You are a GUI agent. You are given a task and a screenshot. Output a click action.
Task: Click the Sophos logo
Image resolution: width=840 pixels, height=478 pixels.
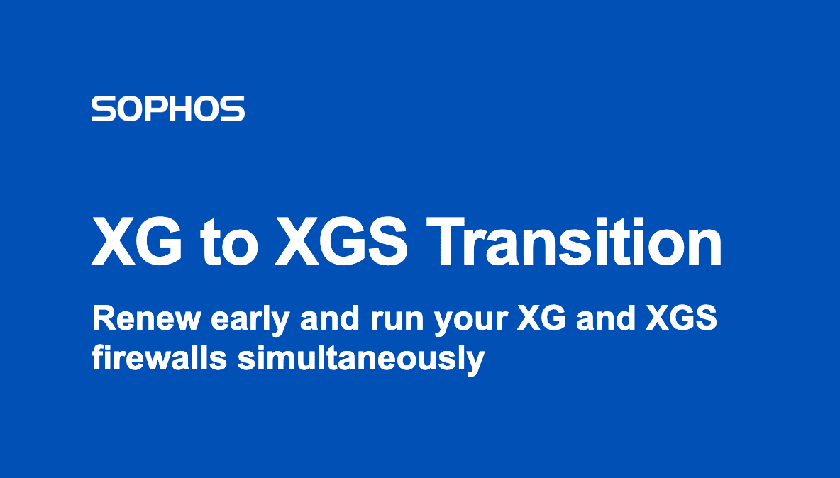(167, 109)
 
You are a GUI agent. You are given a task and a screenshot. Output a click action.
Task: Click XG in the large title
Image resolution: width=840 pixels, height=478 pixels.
(137, 242)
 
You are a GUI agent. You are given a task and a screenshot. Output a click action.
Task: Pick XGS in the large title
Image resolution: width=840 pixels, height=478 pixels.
(341, 242)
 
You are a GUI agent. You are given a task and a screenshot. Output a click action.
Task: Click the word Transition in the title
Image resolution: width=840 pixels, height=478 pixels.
(574, 242)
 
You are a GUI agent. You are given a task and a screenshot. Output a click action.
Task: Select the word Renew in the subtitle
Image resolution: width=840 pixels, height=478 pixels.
(146, 318)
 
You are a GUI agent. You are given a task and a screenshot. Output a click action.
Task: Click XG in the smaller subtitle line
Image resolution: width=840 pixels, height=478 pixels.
(541, 318)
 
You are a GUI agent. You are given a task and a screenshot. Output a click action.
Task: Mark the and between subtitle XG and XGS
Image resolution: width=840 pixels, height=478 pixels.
(605, 318)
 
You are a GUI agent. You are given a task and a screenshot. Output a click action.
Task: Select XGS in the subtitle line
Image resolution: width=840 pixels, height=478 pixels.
(681, 318)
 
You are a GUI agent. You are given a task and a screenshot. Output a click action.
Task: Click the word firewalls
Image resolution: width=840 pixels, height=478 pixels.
(159, 357)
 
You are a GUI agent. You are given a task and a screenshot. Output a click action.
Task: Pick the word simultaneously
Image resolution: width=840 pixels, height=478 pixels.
(360, 360)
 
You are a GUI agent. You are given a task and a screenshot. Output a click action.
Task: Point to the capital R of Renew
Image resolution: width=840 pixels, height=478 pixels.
(103, 318)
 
